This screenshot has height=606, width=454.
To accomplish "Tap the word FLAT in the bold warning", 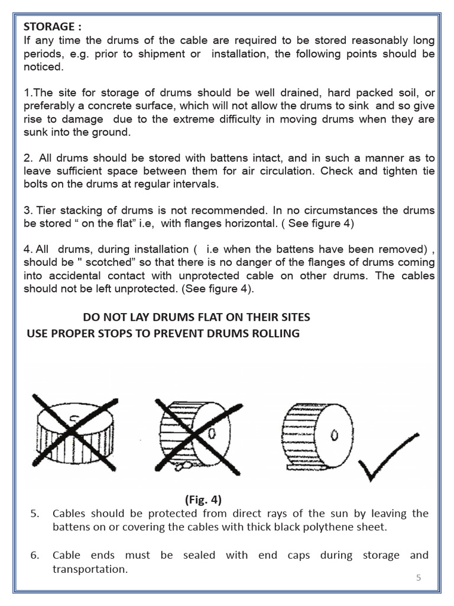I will (x=207, y=317).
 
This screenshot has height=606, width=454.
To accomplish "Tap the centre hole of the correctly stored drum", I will (x=333, y=437).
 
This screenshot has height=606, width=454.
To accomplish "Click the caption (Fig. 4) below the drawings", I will (x=203, y=499).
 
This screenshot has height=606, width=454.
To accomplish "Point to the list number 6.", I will (x=35, y=556).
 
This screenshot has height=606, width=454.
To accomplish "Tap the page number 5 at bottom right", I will (x=419, y=578).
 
